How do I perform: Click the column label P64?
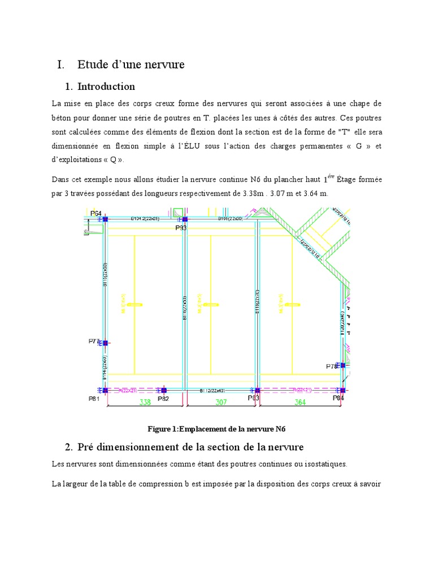tap(97, 213)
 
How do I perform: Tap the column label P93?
tap(181, 227)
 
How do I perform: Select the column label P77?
tap(94, 342)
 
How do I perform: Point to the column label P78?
tap(332, 366)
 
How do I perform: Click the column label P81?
tap(94, 399)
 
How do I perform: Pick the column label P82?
tap(163, 399)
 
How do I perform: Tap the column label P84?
tap(338, 398)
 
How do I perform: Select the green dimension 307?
tap(221, 403)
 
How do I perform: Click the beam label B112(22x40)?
tap(212, 390)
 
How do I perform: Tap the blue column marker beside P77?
tap(105, 343)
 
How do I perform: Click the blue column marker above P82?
tap(164, 390)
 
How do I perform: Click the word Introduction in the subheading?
tap(106, 87)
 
